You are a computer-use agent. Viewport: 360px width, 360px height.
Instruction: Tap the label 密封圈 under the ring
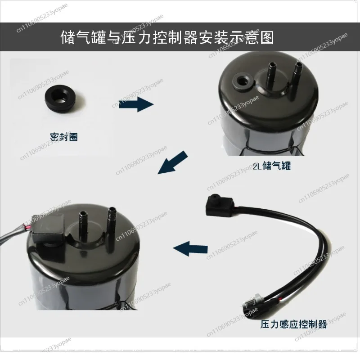(x=64, y=136)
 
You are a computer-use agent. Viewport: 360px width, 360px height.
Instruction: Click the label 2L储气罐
(x=271, y=166)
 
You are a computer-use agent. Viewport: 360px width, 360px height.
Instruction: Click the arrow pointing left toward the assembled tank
(x=190, y=247)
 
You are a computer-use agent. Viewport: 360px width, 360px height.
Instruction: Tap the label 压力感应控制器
(x=293, y=324)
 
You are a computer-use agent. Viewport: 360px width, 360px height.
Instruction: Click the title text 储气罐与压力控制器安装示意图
(x=167, y=37)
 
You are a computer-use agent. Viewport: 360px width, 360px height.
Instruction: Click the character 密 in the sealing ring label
(x=54, y=136)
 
